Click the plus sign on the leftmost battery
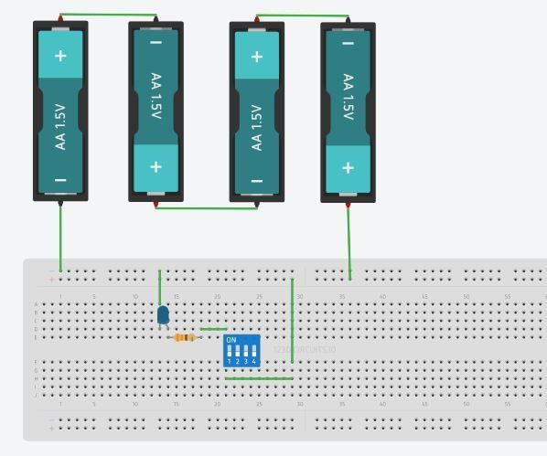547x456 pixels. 60,56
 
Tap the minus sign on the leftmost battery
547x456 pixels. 60,180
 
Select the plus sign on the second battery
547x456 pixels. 156,167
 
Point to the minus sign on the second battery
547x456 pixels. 156,42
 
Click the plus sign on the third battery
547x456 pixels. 256,56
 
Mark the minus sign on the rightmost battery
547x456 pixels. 348,42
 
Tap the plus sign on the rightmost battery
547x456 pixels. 348,167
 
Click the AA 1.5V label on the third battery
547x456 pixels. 256,127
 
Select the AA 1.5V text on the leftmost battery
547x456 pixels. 60,127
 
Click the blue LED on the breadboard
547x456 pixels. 163,315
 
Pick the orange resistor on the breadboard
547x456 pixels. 185,337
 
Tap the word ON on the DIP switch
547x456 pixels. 231,340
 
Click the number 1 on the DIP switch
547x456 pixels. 230,362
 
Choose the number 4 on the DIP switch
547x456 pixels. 253,362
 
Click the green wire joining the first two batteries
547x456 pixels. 108,15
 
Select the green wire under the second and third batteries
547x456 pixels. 206,207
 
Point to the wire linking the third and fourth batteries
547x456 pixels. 302,16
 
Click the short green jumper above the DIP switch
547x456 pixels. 213,329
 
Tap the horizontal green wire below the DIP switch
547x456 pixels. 259,378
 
